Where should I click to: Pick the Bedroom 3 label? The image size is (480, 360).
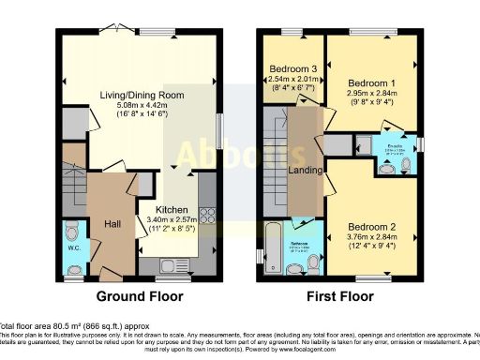click(293, 69)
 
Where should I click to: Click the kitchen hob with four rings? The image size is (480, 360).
click(208, 216)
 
